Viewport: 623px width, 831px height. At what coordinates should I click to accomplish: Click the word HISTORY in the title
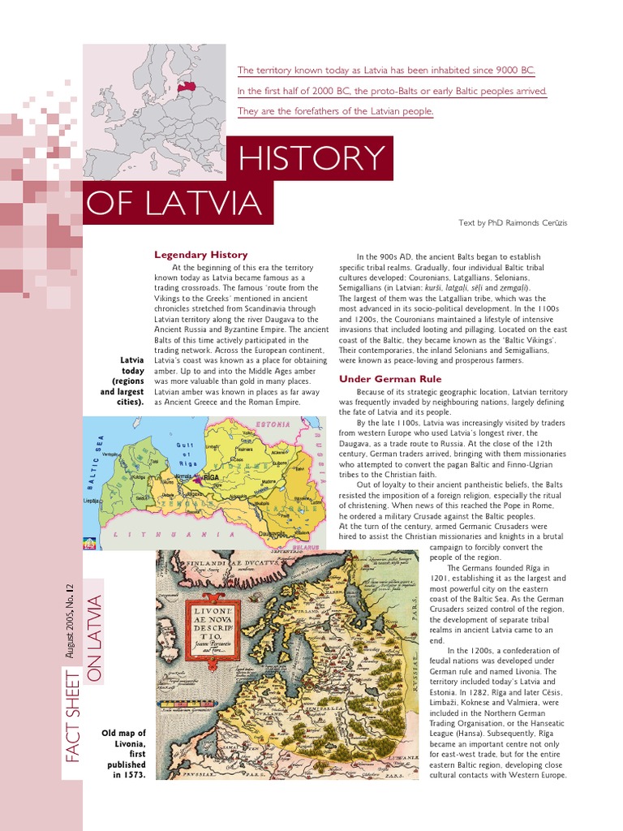pyautogui.click(x=311, y=158)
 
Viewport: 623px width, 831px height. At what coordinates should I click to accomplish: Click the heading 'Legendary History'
pyautogui.click(x=200, y=255)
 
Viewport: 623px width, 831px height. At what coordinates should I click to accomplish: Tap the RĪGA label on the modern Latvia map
pyautogui.click(x=213, y=479)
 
